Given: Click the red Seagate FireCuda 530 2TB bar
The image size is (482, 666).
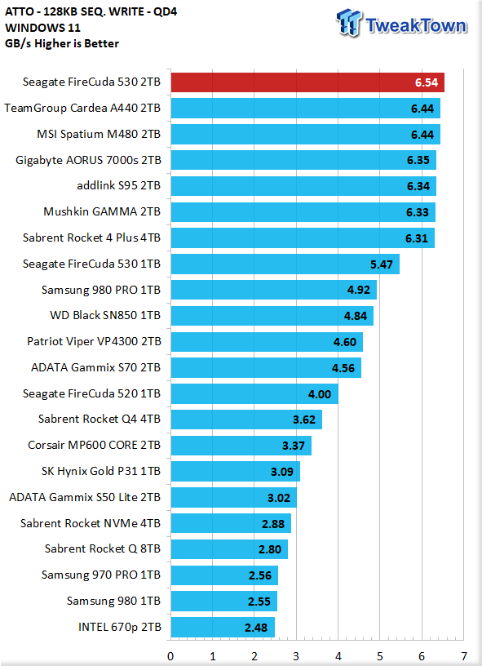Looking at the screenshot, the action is pyautogui.click(x=307, y=82).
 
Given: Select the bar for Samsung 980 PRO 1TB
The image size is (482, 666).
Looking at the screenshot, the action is pyautogui.click(x=274, y=290).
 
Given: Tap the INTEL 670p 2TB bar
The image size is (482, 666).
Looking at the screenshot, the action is pyautogui.click(x=223, y=627).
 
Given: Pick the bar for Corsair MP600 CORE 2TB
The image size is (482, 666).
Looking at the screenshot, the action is pyautogui.click(x=241, y=445).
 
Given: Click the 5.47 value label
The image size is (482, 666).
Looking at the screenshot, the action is pyautogui.click(x=382, y=264).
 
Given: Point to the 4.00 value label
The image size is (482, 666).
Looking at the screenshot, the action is pyautogui.click(x=320, y=394).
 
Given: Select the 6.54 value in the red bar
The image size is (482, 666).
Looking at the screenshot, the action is pyautogui.click(x=427, y=82).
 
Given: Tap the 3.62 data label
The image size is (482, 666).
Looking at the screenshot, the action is pyautogui.click(x=304, y=420).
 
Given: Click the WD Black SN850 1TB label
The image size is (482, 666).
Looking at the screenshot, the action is pyautogui.click(x=105, y=315).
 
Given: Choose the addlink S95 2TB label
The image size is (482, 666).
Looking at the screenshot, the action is pyautogui.click(x=119, y=185).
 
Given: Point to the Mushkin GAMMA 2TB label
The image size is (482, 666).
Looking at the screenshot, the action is pyautogui.click(x=102, y=211).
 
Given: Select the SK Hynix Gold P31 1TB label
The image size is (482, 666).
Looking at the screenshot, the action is pyautogui.click(x=101, y=471).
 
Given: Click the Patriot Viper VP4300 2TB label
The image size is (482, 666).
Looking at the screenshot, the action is pyautogui.click(x=94, y=341).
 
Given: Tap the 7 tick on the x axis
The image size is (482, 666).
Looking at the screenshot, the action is pyautogui.click(x=464, y=656).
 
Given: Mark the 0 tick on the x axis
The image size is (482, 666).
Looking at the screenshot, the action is pyautogui.click(x=170, y=656).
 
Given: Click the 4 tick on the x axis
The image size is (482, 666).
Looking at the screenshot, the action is pyautogui.click(x=338, y=656).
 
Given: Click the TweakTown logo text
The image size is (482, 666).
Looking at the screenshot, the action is pyautogui.click(x=416, y=25).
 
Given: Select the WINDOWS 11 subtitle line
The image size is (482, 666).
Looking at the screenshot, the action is pyautogui.click(x=43, y=28).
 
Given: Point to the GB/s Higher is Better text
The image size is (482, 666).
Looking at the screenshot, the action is pyautogui.click(x=62, y=43).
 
